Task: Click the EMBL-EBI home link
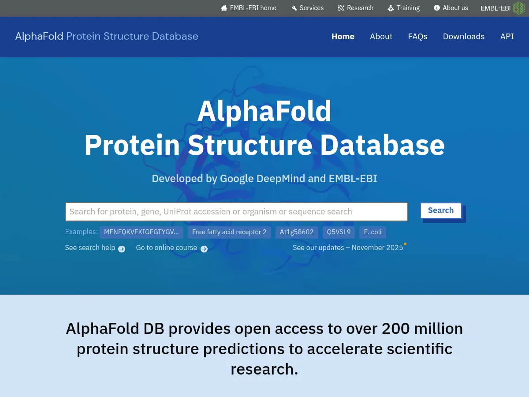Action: [x=249, y=8]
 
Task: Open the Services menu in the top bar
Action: [x=308, y=8]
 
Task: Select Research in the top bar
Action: [x=356, y=8]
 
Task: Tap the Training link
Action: [x=404, y=8]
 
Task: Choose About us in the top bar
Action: [x=451, y=8]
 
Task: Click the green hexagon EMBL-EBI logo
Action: [x=518, y=8]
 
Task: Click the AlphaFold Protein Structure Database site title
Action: [x=107, y=36]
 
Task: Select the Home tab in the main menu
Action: [x=343, y=37]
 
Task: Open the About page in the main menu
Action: [x=381, y=37]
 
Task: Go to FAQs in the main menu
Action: [x=417, y=37]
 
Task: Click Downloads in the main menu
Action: [x=464, y=37]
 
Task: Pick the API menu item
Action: [x=507, y=37]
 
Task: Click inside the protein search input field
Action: [x=236, y=212]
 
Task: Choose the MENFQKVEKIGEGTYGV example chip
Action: [x=142, y=232]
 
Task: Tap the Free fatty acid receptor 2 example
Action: [x=229, y=232]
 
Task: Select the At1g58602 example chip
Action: [x=297, y=232]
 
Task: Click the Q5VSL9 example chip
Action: [x=339, y=232]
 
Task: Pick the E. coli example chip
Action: [x=373, y=232]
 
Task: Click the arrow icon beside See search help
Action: [x=122, y=249]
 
